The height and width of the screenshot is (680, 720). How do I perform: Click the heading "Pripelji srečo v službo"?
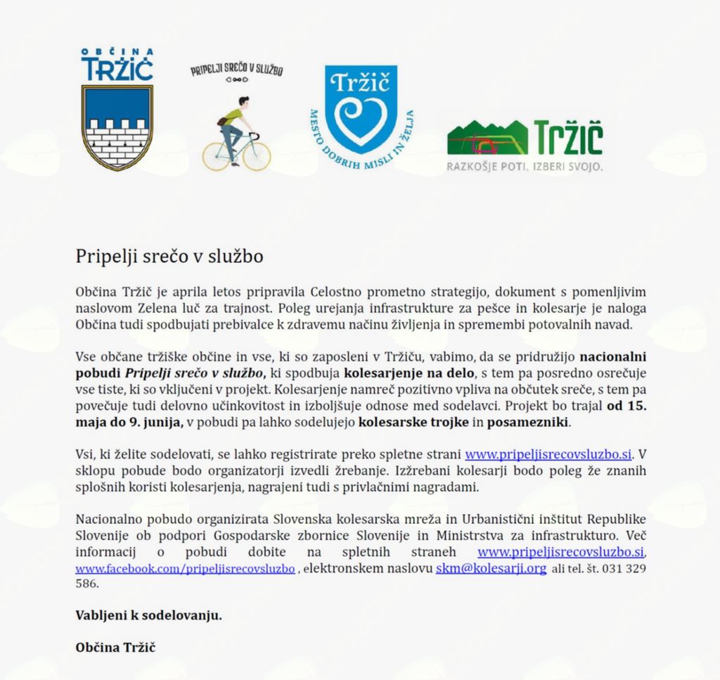169,256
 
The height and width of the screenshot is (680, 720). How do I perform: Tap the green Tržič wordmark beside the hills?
568,139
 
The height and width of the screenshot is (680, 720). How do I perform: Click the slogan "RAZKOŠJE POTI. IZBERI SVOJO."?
525,167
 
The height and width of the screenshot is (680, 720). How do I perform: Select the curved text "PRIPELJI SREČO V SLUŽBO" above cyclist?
236,70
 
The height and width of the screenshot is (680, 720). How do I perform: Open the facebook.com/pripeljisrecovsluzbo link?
185,568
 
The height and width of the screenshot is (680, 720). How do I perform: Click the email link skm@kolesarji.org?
491,568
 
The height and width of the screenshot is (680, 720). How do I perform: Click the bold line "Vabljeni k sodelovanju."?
148,615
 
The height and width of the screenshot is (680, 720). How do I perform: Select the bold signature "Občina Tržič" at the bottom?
115,646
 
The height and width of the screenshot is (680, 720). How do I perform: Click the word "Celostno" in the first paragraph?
335,291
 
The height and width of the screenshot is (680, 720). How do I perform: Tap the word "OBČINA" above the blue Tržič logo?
117,51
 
